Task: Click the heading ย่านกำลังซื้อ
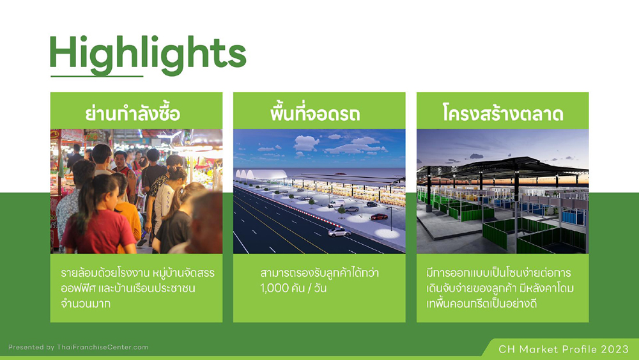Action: pyautogui.click(x=132, y=113)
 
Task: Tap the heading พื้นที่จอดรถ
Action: pyautogui.click(x=315, y=113)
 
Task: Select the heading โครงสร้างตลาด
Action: pyautogui.click(x=502, y=113)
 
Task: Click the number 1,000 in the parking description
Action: pyautogui.click(x=274, y=288)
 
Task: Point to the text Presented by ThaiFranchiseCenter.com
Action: pyautogui.click(x=78, y=347)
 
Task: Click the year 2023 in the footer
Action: pyautogui.click(x=615, y=349)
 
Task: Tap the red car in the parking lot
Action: pyautogui.click(x=379, y=217)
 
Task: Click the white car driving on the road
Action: pyautogui.click(x=339, y=232)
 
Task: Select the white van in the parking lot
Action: pyautogui.click(x=336, y=203)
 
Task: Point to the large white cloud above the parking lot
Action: pyautogui.click(x=307, y=143)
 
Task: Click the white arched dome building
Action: pyautogui.click(x=261, y=175)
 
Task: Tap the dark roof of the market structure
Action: pyautogui.click(x=505, y=166)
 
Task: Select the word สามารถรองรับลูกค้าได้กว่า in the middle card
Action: pyautogui.click(x=319, y=273)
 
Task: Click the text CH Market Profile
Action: pyautogui.click(x=548, y=349)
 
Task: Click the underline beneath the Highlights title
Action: pyautogui.click(x=97, y=76)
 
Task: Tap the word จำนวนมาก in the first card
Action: pyautogui.click(x=86, y=304)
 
